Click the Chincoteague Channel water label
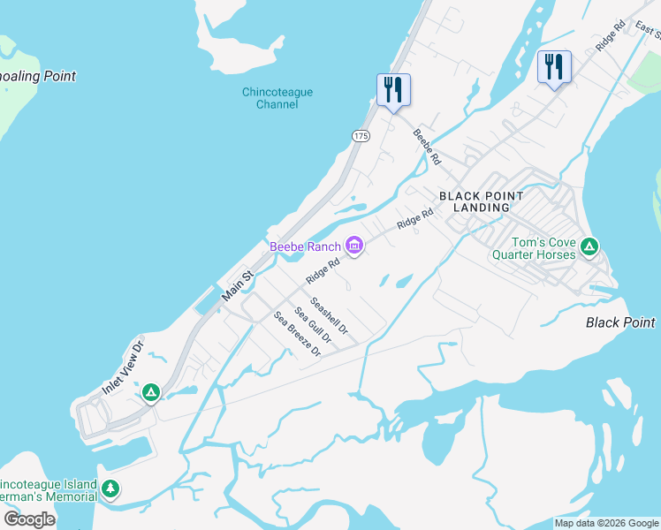pos(270,98)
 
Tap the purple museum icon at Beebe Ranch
pos(354,246)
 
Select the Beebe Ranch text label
pos(305,246)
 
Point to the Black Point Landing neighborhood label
pos(482,201)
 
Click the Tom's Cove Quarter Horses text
pos(543,249)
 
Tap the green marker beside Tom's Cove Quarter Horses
pos(590,245)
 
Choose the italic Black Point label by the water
pos(620,322)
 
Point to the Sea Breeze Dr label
pos(296,334)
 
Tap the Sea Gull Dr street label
pos(313,325)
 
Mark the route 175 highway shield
pos(360,135)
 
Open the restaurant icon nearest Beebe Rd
pos(393,89)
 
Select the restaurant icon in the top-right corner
pos(554,66)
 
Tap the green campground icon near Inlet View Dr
pos(151,391)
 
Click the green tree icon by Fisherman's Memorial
pos(110,488)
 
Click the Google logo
pos(29,519)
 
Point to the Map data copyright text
pos(607,523)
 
